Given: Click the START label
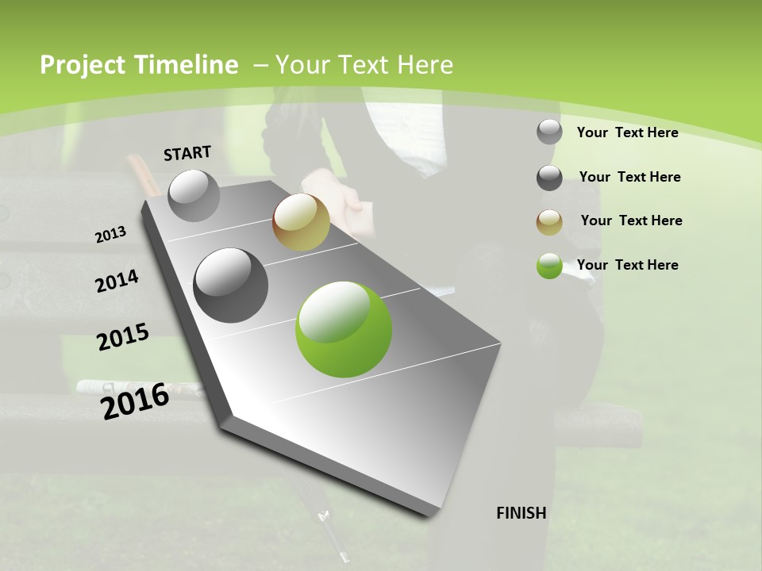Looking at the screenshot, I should pos(187,152).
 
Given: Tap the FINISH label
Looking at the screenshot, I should pos(521,513).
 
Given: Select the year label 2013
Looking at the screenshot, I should pos(111,235).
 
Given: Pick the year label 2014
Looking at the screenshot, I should pos(117,282).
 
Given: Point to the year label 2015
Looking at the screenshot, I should pos(123,337).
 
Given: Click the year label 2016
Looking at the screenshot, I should pos(135,400).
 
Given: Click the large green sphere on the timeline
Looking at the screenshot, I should pos(344,329).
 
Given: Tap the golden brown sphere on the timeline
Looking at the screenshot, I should pos(301,222).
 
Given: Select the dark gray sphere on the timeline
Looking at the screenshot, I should pos(231,285).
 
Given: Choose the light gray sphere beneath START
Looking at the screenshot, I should pos(194,195).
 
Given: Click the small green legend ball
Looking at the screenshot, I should pos(549,266).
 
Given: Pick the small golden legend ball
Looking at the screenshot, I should pos(549,222).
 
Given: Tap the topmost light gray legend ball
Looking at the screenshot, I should pos(549,132).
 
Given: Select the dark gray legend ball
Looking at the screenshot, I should pos(549,178).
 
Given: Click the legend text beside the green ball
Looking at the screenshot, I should pos(627,265).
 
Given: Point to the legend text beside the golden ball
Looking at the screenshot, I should pos(631,220).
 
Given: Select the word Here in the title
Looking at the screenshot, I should pos(425,65).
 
